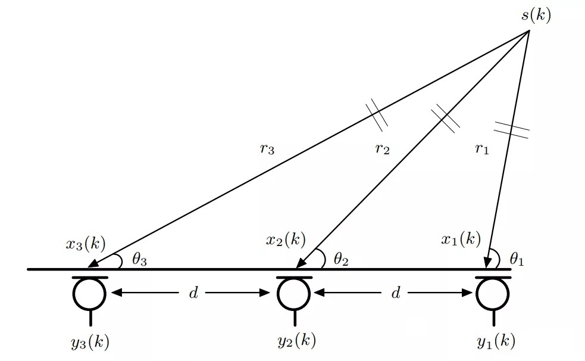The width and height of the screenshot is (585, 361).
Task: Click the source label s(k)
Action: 536,15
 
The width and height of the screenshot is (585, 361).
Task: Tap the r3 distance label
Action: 267,149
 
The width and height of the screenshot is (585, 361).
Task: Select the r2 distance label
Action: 382,149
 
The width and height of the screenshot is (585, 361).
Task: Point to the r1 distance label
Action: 481,149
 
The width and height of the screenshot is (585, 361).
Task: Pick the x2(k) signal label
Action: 286,240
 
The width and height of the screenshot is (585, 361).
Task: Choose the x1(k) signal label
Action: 461,239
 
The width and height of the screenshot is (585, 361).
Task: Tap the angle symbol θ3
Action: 139,260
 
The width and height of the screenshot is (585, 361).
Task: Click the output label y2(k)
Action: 296,341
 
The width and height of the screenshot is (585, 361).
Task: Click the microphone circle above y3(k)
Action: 90,293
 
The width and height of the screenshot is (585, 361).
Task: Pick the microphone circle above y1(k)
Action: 493,293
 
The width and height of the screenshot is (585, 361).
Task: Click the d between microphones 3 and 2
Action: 193,293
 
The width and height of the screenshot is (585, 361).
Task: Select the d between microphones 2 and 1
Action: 395,293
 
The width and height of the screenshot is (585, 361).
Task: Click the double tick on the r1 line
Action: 511,130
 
